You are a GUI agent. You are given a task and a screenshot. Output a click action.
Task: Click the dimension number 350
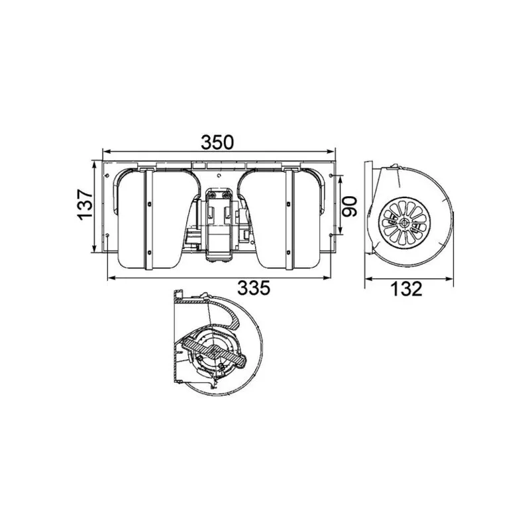click(217, 142)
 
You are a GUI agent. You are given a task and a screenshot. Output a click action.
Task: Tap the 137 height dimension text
click(85, 205)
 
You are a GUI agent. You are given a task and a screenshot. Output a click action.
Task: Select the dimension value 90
click(350, 207)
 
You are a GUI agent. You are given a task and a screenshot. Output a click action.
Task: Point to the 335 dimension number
click(254, 288)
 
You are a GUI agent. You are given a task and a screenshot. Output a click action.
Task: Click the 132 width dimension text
click(406, 289)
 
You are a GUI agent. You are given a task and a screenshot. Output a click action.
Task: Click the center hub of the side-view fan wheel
click(404, 223)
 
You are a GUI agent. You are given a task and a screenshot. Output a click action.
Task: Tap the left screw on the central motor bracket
click(212, 195)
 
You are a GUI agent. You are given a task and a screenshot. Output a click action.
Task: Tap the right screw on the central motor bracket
click(225, 195)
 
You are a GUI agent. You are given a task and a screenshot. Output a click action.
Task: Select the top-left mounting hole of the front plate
click(107, 176)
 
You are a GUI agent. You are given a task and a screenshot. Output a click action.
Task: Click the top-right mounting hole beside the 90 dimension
click(331, 176)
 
